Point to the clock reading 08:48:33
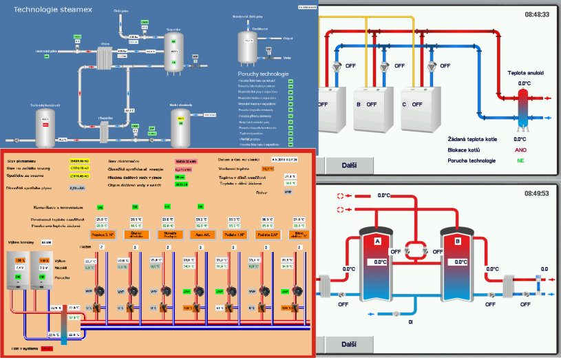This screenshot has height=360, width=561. tap(536, 14)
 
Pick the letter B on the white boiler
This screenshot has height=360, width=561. tap(359, 105)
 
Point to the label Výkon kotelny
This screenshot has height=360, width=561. tap(21, 242)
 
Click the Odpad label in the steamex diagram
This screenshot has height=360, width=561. tap(288, 39)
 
